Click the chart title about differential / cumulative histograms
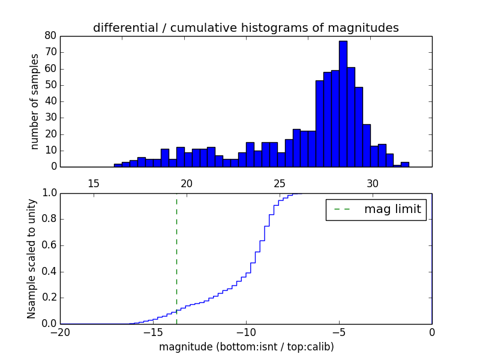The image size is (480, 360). coord(246,28)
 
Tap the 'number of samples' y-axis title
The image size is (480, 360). coord(35,101)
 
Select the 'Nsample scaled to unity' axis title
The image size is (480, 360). coord(31,259)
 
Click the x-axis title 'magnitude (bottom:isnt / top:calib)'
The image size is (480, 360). coord(246,347)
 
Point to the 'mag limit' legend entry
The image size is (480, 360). coord(376,209)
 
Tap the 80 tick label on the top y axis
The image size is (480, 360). coord(50,36)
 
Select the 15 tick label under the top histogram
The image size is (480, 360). coord(94,183)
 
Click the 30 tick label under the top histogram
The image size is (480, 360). coord(373,183)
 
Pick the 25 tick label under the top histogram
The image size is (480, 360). coord(280,183)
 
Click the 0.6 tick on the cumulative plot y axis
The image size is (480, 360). coord(49,245)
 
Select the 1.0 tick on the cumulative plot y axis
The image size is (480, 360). coord(49,193)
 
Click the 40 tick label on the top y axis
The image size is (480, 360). coord(50,101)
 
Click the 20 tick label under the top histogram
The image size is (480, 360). coord(187,183)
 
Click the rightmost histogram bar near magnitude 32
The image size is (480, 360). coord(405,164)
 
